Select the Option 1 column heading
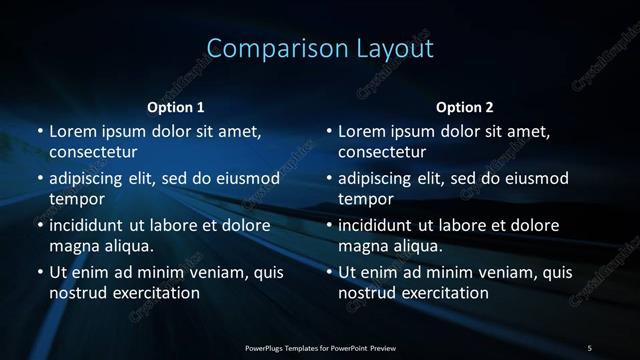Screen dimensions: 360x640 (x=175, y=107)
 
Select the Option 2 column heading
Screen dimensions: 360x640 (x=465, y=107)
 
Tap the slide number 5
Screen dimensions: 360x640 (x=589, y=347)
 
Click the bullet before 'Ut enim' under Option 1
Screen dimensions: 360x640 (x=39, y=272)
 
